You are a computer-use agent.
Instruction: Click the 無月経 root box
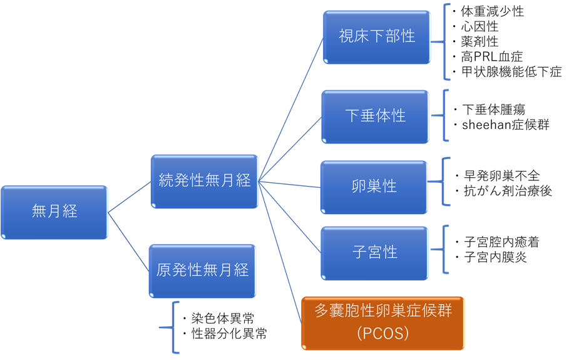[x=54, y=212]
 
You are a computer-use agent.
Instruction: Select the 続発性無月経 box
[x=204, y=181]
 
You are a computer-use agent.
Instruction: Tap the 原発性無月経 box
[x=202, y=270]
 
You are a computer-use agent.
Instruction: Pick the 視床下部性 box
[x=377, y=36]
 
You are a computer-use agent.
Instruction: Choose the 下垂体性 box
[x=375, y=116]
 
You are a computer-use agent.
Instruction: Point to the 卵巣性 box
[x=374, y=187]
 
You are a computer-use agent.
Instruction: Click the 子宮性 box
[x=374, y=252]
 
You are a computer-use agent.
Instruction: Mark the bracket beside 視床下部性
[x=446, y=42]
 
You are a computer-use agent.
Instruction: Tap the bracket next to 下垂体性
[x=445, y=116]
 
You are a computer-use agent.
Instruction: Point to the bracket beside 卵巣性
[x=444, y=182]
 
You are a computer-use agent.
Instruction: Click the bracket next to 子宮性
[x=445, y=249]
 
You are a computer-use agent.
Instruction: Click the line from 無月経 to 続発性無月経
[x=130, y=197]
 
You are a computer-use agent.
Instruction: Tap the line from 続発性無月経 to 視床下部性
[x=291, y=109]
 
